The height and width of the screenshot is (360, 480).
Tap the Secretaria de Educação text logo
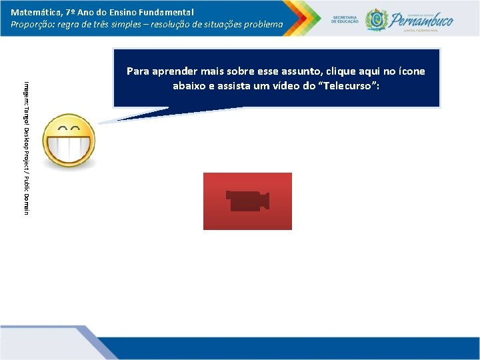tap(345, 19)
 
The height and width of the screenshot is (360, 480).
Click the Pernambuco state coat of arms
tap(377, 19)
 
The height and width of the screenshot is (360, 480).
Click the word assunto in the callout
tap(310, 71)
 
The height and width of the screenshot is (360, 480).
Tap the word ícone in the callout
tap(409, 71)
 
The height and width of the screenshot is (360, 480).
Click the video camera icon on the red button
tap(247, 201)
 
